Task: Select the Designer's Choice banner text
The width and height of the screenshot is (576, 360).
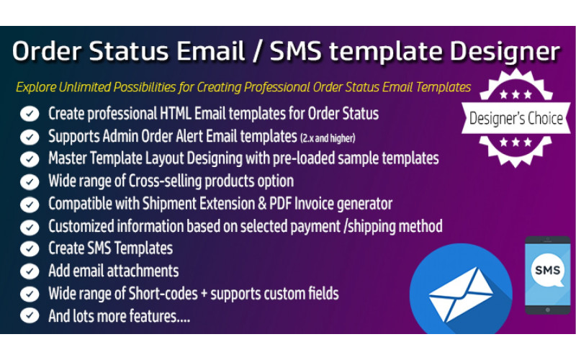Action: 516,119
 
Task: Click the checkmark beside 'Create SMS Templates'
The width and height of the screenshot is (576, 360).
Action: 30,249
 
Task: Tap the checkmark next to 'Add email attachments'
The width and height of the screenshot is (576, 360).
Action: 30,271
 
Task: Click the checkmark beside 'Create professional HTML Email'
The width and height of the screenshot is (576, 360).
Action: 30,114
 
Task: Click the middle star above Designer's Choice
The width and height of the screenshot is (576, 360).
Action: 516,94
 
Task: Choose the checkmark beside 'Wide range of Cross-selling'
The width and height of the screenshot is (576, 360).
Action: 30,181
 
